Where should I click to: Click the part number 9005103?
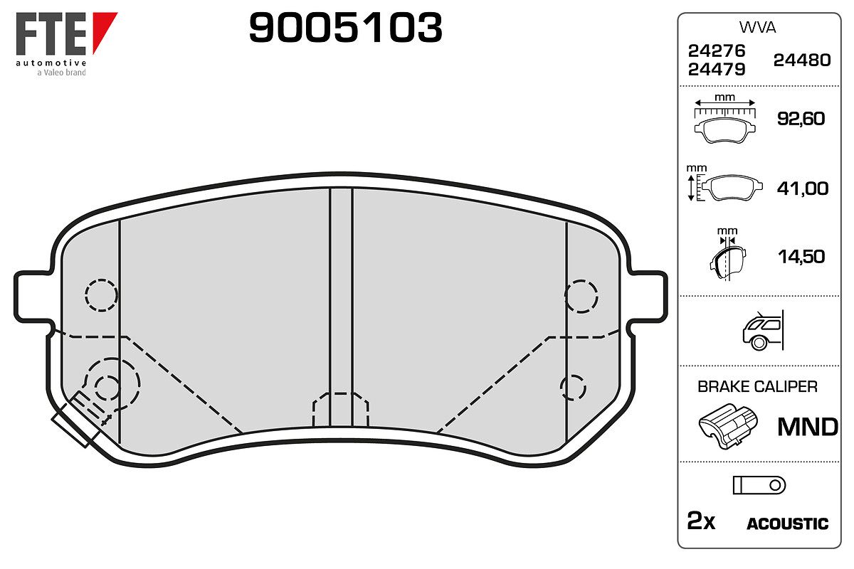tap(345, 28)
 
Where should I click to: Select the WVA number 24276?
tap(717, 50)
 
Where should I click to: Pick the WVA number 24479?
tap(717, 70)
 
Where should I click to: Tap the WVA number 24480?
tap(802, 60)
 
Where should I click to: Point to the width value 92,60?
tap(801, 119)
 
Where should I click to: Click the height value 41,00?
tap(803, 188)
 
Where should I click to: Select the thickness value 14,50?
tap(801, 257)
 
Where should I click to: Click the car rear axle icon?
tap(763, 330)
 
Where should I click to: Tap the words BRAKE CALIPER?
tap(757, 387)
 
